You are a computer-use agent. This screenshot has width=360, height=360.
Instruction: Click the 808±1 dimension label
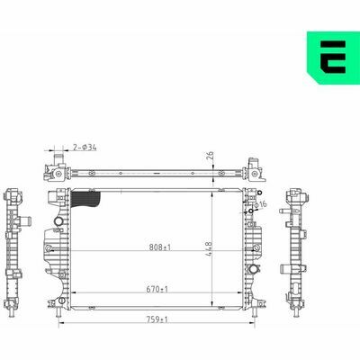(x=160, y=247)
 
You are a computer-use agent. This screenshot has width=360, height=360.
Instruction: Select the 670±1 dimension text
(x=157, y=290)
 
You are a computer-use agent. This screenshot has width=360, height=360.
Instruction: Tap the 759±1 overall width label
(x=157, y=319)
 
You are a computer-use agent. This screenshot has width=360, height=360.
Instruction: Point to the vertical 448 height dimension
(x=209, y=249)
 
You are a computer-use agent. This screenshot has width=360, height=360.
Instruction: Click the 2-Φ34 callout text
(x=85, y=148)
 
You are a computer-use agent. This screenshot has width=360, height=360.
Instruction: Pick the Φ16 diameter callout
(x=260, y=205)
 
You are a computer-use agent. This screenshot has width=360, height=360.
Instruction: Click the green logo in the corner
(x=333, y=58)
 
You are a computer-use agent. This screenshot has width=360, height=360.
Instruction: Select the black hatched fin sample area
(x=85, y=200)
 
